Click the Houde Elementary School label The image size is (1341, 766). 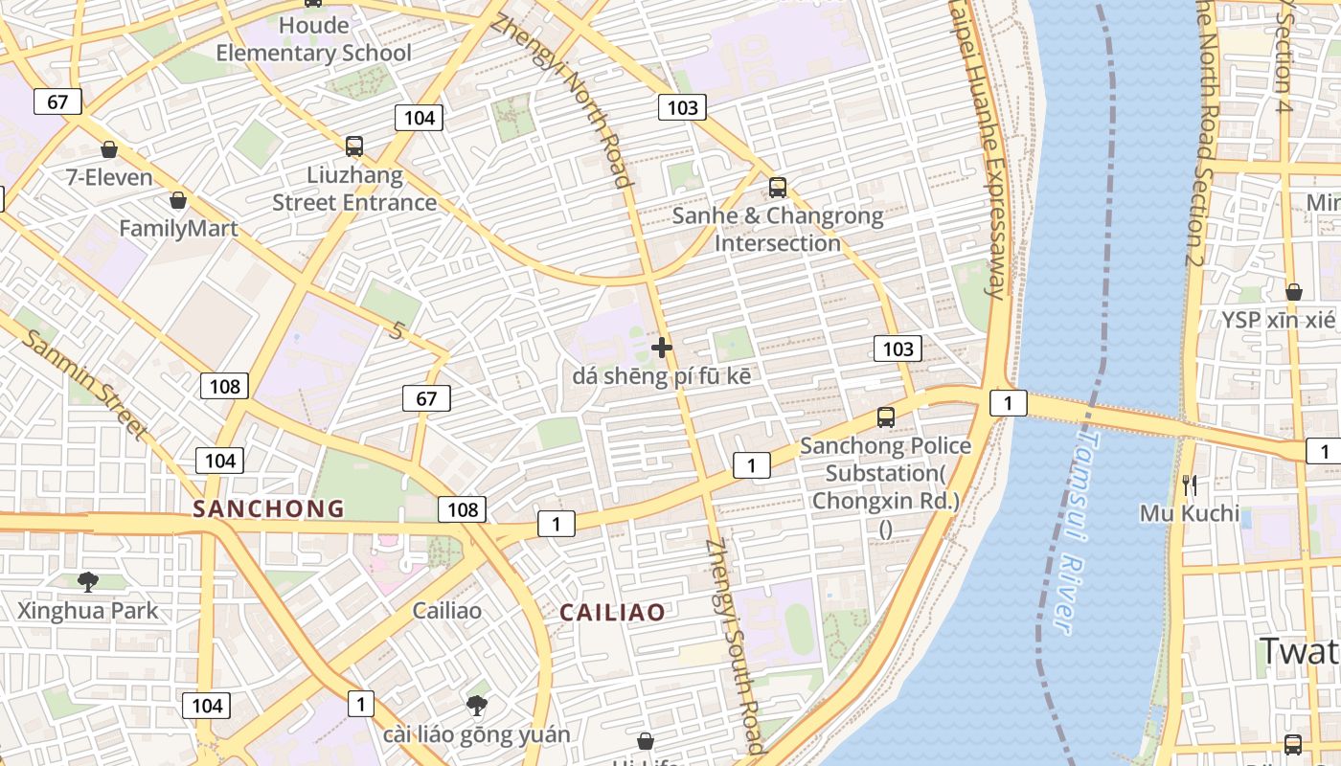[x=313, y=39]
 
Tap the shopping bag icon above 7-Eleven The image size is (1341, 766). [x=109, y=149]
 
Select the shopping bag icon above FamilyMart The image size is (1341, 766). [x=177, y=200]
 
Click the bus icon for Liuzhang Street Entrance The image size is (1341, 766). [x=354, y=146]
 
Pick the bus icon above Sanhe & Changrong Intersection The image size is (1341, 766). [x=778, y=188]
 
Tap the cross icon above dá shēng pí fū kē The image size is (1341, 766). [x=661, y=347]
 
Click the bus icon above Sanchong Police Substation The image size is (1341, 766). [x=886, y=417]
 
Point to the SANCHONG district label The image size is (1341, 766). [x=268, y=508]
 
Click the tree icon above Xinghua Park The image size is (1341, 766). [x=88, y=581]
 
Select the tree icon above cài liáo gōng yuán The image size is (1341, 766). [x=476, y=707]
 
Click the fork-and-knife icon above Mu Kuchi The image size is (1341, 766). [x=1189, y=485]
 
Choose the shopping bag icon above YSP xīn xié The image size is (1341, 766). [x=1293, y=291]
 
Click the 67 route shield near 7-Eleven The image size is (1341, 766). [x=57, y=101]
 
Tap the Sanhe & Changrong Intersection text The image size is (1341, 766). [x=778, y=229]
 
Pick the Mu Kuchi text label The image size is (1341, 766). [x=1189, y=513]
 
